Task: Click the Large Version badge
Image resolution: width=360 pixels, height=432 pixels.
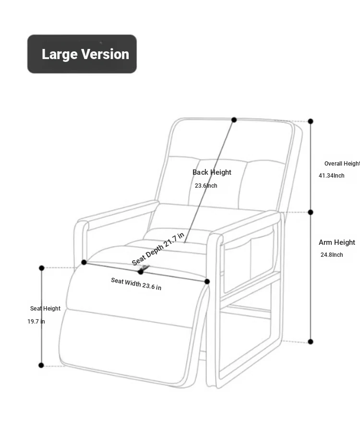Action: coord(82,54)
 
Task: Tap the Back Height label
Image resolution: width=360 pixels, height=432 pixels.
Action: coord(212,172)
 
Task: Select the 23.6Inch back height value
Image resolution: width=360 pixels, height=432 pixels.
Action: coord(206,186)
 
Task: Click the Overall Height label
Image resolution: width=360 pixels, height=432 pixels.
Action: coord(342,164)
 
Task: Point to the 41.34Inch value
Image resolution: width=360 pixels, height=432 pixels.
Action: coord(331,176)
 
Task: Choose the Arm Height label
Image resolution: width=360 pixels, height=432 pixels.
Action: coord(336,242)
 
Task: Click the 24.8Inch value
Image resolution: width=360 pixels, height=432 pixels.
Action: coord(332,255)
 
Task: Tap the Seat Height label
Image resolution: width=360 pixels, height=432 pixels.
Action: coord(45,309)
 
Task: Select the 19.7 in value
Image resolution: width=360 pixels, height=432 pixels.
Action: coord(36,322)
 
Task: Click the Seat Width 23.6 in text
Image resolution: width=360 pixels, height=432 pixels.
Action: coord(136,284)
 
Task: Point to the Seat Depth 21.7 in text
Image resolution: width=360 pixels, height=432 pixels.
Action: coord(158,249)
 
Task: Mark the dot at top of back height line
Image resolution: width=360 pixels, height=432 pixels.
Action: coord(234,120)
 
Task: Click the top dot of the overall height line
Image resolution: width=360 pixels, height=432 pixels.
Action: coord(311,121)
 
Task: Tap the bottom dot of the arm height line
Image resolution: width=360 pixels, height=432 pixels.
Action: coord(311,342)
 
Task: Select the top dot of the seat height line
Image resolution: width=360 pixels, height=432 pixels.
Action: coord(42,268)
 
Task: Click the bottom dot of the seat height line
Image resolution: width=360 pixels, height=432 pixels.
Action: coord(41,365)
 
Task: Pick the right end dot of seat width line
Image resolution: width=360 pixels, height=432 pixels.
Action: coord(207,281)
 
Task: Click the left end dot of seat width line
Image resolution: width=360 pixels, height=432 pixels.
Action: coord(84,262)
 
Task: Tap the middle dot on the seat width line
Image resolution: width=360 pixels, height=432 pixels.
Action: coord(141,272)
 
